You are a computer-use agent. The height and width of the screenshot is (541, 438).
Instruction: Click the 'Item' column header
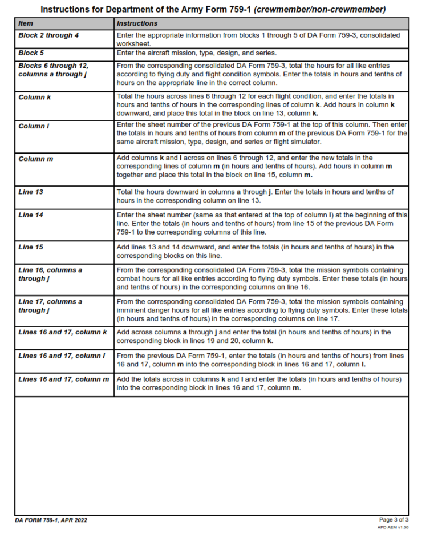[x=26, y=23]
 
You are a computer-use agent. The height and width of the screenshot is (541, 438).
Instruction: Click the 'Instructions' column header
[x=137, y=23]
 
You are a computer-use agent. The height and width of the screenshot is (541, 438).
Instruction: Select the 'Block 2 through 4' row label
[x=48, y=35]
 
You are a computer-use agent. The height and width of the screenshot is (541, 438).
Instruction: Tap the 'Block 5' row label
[x=31, y=53]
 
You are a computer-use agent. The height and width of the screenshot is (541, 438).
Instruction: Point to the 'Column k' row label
[x=35, y=97]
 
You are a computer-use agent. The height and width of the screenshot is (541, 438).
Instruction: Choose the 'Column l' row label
[x=34, y=126]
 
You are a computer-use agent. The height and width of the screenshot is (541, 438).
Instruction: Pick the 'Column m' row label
[x=35, y=159]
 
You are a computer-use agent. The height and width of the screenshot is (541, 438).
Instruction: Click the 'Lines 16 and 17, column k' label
[x=63, y=332]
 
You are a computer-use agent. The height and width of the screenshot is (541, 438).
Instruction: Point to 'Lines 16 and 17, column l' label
[x=62, y=356]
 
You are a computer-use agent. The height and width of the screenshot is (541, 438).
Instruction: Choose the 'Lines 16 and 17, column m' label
[x=63, y=379]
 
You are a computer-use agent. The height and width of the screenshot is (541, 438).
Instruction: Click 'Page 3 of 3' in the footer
[x=394, y=520]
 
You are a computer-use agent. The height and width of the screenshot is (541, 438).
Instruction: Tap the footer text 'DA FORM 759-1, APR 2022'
[x=51, y=520]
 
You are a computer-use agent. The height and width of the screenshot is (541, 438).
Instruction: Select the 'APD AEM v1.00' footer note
[x=393, y=527]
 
